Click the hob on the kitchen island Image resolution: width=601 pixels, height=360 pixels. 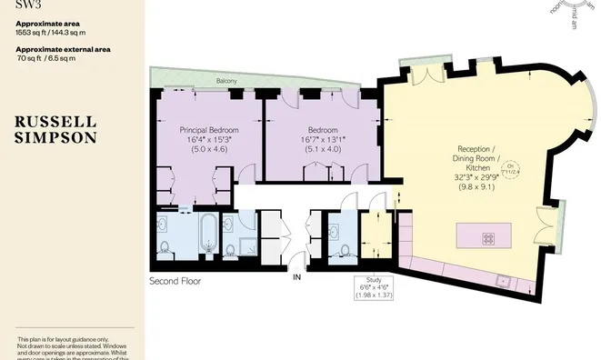tap(488, 238)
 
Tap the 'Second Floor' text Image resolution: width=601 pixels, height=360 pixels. tap(175, 281)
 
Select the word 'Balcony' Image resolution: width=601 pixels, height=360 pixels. tap(226, 82)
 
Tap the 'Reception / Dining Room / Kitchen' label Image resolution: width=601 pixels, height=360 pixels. tap(476, 158)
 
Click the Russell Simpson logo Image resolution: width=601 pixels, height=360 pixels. tap(55, 131)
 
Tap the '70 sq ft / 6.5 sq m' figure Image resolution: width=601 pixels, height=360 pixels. tap(47, 58)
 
